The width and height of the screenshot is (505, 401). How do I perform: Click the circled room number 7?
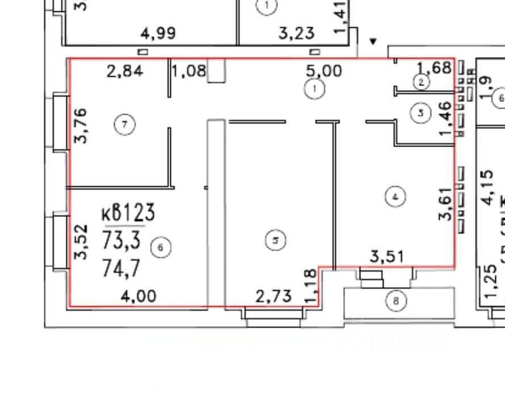125,124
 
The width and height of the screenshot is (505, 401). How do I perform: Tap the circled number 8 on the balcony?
396,301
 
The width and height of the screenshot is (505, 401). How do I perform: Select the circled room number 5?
275,241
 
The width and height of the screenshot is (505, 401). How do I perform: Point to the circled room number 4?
395,197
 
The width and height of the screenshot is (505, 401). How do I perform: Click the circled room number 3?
420,112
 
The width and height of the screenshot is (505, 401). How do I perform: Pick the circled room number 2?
421,82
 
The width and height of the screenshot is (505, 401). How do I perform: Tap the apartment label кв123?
128,214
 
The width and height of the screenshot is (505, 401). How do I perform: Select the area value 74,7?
121,266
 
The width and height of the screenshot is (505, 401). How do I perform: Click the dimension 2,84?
125,71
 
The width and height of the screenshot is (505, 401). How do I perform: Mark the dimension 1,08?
190,72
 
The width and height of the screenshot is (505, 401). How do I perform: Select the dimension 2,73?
273,295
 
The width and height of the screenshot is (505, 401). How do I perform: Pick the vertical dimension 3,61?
446,203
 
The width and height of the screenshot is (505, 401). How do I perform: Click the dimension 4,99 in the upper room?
158,34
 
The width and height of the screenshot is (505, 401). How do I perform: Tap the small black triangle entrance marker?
373,41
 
